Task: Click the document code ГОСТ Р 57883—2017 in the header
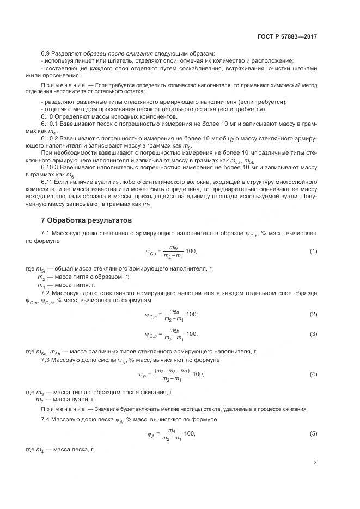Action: click(x=287, y=36)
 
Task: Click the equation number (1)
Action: click(x=313, y=251)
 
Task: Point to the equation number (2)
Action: click(x=313, y=314)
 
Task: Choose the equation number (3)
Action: click(x=313, y=333)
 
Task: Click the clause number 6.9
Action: click(x=46, y=53)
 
